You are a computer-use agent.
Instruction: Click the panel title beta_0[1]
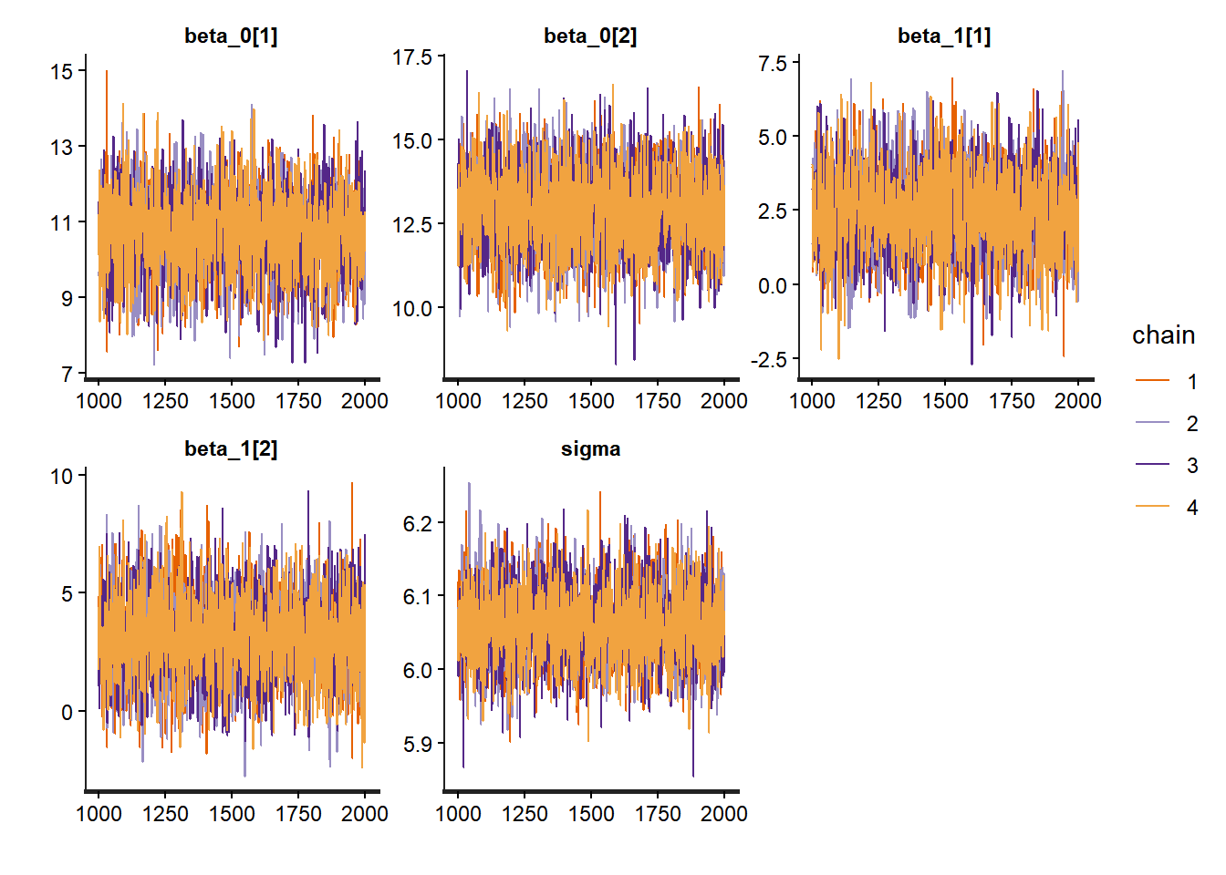tap(231, 36)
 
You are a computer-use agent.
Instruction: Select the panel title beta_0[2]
tap(590, 36)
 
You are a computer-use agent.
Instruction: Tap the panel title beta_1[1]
tap(944, 36)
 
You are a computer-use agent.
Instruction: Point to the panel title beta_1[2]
tap(231, 449)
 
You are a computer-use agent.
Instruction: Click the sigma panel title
tap(590, 449)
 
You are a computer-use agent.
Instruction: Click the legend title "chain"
tap(1163, 335)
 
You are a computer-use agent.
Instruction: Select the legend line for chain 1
tap(1152, 381)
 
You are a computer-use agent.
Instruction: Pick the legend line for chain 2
tap(1152, 423)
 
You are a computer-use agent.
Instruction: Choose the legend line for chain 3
tap(1152, 465)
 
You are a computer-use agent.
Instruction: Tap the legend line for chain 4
tap(1152, 507)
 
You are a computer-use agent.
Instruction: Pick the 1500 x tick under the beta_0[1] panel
tap(232, 401)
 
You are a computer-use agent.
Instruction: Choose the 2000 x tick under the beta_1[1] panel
tap(1078, 401)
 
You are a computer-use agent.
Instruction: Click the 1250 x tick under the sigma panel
tap(525, 814)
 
